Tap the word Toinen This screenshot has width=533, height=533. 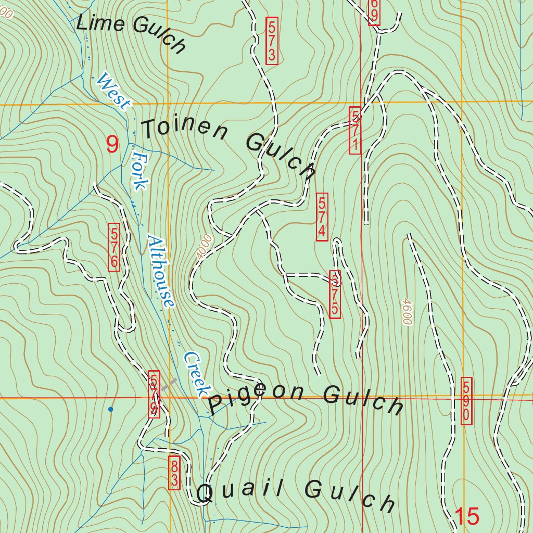pyautogui.click(x=185, y=130)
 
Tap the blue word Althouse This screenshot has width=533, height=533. pyautogui.click(x=161, y=271)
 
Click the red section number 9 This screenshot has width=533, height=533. pyautogui.click(x=112, y=144)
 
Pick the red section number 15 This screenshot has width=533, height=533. pyautogui.click(x=466, y=516)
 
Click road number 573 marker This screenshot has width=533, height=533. pyautogui.click(x=272, y=41)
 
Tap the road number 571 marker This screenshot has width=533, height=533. pyautogui.click(x=355, y=130)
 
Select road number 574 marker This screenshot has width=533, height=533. pyautogui.click(x=322, y=217)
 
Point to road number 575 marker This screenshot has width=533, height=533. pyautogui.click(x=335, y=294)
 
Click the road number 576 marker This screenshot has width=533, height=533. pyautogui.click(x=114, y=247)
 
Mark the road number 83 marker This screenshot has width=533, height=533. pyautogui.click(x=174, y=473)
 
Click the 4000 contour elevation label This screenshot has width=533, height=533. pyautogui.click(x=205, y=245)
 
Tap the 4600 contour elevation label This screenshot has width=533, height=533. pyautogui.click(x=406, y=311)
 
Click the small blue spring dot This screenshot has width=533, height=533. pyautogui.click(x=110, y=410)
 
